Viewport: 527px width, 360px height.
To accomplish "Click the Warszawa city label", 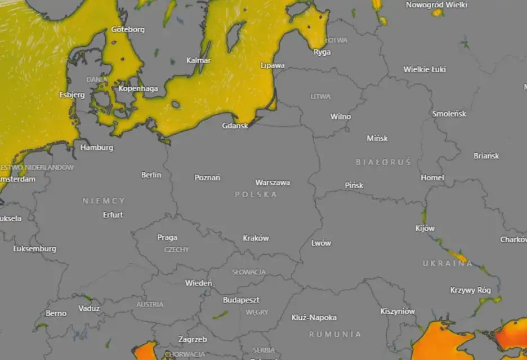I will point(273,183).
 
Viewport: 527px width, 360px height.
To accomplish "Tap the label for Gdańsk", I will point(235,126).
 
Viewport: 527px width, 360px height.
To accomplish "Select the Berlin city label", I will point(151,175).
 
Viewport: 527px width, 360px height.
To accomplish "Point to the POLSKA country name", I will point(256,194).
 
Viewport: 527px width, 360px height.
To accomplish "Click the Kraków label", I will point(256,238).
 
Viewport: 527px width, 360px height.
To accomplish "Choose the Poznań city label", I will point(207,177).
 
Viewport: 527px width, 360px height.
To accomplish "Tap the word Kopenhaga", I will point(139,88).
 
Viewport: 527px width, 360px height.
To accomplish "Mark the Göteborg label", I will point(128,29).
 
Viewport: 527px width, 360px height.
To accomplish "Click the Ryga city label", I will point(322,52).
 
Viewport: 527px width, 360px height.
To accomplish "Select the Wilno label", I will point(340,117).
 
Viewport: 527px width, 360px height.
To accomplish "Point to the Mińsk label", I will point(377,138).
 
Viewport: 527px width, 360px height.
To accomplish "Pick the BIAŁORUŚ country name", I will point(383,162).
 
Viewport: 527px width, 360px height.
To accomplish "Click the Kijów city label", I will point(425,228).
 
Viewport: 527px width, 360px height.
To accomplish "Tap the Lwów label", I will point(321,243).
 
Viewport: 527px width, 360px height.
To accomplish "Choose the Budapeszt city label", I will point(241,300).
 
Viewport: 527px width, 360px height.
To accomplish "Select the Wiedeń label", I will point(199,283).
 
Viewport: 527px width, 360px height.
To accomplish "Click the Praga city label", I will point(167,237).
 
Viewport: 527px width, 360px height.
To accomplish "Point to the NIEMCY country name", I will point(104,201).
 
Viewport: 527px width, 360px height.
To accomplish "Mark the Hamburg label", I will point(97,148).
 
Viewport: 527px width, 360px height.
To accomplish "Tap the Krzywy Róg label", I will point(471,290).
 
